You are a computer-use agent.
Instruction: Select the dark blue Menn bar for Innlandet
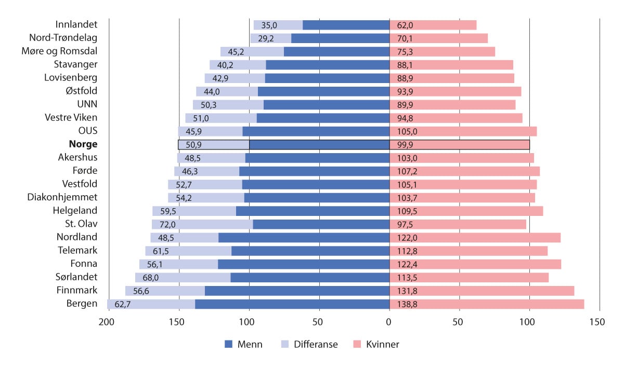(346, 25)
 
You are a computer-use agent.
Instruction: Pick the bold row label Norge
(83, 145)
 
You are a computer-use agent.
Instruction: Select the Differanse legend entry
(309, 344)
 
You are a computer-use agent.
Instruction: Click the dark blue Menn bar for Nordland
(304, 237)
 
